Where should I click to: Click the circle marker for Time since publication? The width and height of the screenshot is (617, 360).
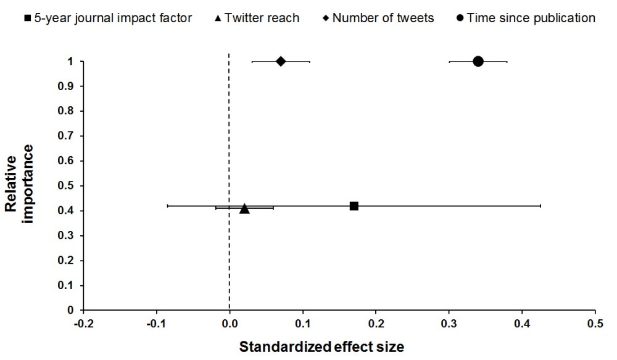(x=478, y=61)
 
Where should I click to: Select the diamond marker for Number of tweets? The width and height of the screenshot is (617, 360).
(x=281, y=61)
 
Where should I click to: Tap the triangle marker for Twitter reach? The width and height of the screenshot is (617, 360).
(x=244, y=209)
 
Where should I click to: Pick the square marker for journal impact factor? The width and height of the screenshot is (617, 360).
(x=354, y=206)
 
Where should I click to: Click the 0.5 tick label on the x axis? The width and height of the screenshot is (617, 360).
(x=595, y=323)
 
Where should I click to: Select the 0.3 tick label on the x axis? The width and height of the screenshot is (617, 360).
(x=449, y=323)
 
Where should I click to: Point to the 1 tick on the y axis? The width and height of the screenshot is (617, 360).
(x=72, y=61)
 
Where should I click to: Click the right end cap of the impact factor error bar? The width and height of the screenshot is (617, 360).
(x=540, y=206)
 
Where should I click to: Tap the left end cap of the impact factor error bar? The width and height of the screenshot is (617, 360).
(x=167, y=206)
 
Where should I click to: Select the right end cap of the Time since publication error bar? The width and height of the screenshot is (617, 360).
(x=507, y=61)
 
